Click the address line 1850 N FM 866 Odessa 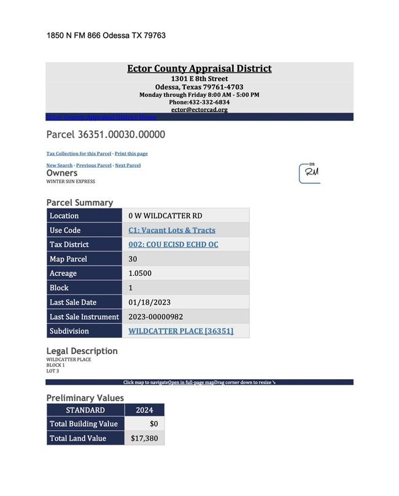(106, 36)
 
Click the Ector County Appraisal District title (199, 68)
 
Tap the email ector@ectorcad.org (199, 109)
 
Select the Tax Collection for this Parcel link (79, 153)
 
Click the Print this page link (131, 153)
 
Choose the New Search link (60, 165)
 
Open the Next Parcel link (128, 165)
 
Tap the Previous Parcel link (94, 165)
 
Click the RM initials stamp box (309, 173)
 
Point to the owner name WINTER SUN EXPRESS (71, 181)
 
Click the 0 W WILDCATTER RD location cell (165, 216)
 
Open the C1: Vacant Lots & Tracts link (172, 230)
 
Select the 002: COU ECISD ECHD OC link (173, 245)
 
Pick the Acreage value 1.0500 (140, 274)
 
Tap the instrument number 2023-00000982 (156, 317)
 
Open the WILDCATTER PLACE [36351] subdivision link (180, 331)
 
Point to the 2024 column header (145, 410)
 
